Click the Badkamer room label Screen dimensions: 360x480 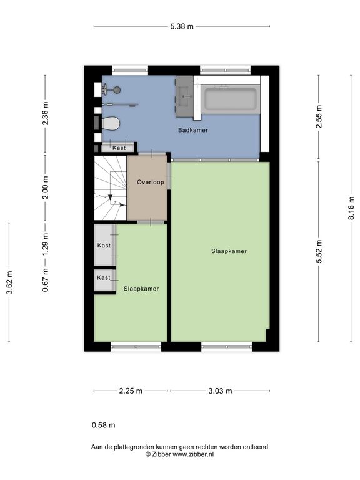pyautogui.click(x=193, y=130)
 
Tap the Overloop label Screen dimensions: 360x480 pyautogui.click(x=150, y=182)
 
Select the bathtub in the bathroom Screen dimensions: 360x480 pyautogui.click(x=230, y=99)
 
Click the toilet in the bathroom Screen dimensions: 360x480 pyautogui.click(x=111, y=123)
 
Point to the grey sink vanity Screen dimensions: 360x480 pyautogui.click(x=184, y=96)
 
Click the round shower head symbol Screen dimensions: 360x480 pyautogui.click(x=117, y=90)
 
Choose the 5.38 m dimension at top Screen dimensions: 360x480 pyautogui.click(x=182, y=27)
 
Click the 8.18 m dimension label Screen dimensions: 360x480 pyautogui.click(x=351, y=208)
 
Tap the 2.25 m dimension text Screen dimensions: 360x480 pyautogui.click(x=131, y=391)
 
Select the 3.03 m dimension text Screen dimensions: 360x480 pyautogui.click(x=220, y=391)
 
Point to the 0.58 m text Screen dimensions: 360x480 pyautogui.click(x=104, y=425)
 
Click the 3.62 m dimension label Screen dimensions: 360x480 pyautogui.click(x=9, y=282)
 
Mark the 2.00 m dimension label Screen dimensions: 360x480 pyautogui.click(x=45, y=187)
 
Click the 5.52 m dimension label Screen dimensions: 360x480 pyautogui.click(x=319, y=252)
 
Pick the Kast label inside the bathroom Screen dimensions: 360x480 pyautogui.click(x=119, y=148)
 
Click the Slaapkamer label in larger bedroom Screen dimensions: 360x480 pyautogui.click(x=229, y=251)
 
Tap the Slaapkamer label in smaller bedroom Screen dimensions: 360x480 pyautogui.click(x=141, y=289)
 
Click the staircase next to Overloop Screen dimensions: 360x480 pyautogui.click(x=110, y=187)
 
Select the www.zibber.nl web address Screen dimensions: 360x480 pyautogui.click(x=193, y=454)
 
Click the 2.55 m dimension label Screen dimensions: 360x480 pyautogui.click(x=319, y=117)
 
